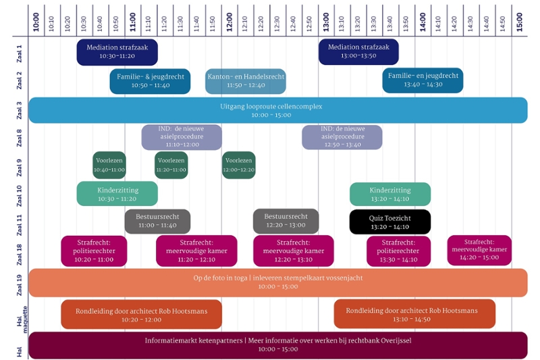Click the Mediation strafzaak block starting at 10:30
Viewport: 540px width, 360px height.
pyautogui.click(x=117, y=52)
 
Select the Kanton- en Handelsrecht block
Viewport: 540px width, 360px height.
pyautogui.click(x=246, y=81)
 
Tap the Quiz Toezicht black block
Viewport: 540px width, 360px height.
pyautogui.click(x=390, y=222)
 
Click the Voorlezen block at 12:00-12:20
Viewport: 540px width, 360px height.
pyautogui.click(x=239, y=165)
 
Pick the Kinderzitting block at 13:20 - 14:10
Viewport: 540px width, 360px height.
pyautogui.click(x=390, y=194)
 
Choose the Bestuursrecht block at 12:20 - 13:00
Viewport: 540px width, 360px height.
pyautogui.click(x=286, y=221)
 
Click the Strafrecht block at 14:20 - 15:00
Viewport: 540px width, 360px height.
pyautogui.click(x=479, y=250)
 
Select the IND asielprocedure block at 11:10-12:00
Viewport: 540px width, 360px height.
pyautogui.click(x=182, y=137)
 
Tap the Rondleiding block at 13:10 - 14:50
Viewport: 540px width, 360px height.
pyautogui.click(x=414, y=314)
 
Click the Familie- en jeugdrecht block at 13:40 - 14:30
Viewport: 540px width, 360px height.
pyautogui.click(x=423, y=80)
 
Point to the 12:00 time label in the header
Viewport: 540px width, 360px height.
pyautogui.click(x=230, y=22)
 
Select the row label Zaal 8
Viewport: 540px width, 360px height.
pyautogui.click(x=19, y=138)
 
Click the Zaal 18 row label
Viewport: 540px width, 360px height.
pyautogui.click(x=19, y=255)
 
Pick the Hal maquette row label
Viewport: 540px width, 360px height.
pyautogui.click(x=22, y=319)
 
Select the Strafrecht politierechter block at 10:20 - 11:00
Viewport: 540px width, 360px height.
pyautogui.click(x=94, y=251)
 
